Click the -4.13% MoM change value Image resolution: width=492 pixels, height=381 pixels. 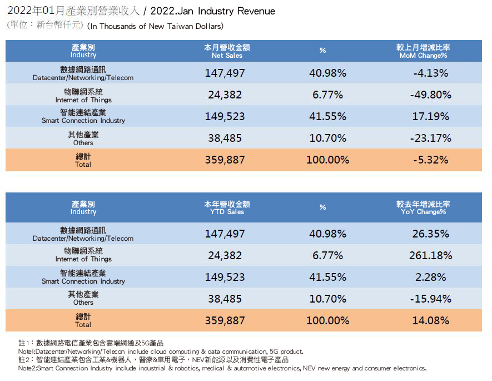431,73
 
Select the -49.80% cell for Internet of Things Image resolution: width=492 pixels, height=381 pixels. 431,95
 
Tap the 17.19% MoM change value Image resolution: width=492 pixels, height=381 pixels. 431,116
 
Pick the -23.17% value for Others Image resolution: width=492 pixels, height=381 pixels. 431,138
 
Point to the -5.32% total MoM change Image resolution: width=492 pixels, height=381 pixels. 431,160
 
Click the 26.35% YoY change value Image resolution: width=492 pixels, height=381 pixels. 431,234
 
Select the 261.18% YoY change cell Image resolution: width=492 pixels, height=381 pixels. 431,255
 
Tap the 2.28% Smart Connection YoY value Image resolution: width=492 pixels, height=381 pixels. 431,277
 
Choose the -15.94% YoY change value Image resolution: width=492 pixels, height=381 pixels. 431,299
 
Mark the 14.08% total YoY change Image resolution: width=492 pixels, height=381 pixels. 431,320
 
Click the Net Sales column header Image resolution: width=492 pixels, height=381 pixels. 227,52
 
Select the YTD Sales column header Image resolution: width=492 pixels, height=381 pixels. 227,208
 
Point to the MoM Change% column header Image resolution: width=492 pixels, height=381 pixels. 424,52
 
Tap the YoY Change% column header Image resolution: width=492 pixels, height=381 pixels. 424,208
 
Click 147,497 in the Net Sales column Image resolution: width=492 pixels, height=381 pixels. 225,73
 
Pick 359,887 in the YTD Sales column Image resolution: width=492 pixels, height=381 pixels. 225,320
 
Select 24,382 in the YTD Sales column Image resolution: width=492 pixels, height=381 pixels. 225,255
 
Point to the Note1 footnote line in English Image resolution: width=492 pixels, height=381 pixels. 161,352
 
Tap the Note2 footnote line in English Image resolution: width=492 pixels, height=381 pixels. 222,368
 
